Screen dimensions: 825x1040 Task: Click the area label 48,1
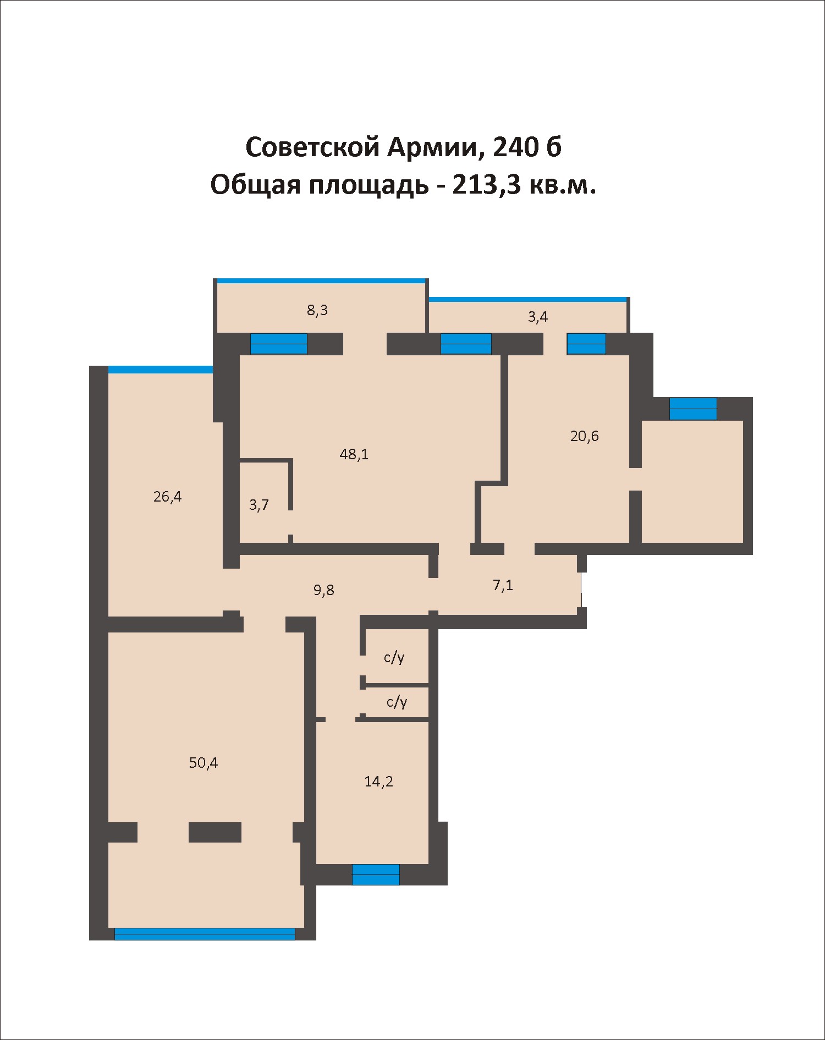354,454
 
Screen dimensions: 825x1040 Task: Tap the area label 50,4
204,763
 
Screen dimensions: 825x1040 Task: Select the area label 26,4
167,497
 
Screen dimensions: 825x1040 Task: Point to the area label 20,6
584,436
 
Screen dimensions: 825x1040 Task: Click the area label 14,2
378,782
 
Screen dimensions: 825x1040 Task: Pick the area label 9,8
323,590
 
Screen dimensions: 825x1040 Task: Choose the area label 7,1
503,585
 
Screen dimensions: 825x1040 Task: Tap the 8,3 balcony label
317,310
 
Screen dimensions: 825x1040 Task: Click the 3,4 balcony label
538,317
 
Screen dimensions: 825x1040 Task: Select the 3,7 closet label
258,505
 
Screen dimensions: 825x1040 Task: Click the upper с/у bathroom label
394,657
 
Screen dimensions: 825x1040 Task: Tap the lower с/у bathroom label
397,702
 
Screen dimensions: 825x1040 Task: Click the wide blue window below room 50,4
205,934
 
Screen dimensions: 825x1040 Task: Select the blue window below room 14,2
376,874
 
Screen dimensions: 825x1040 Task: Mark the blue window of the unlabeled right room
693,409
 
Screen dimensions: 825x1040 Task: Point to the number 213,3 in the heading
487,186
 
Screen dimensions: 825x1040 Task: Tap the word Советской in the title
313,147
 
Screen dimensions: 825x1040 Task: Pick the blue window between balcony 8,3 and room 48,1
279,344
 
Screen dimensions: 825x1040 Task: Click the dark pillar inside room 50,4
215,832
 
